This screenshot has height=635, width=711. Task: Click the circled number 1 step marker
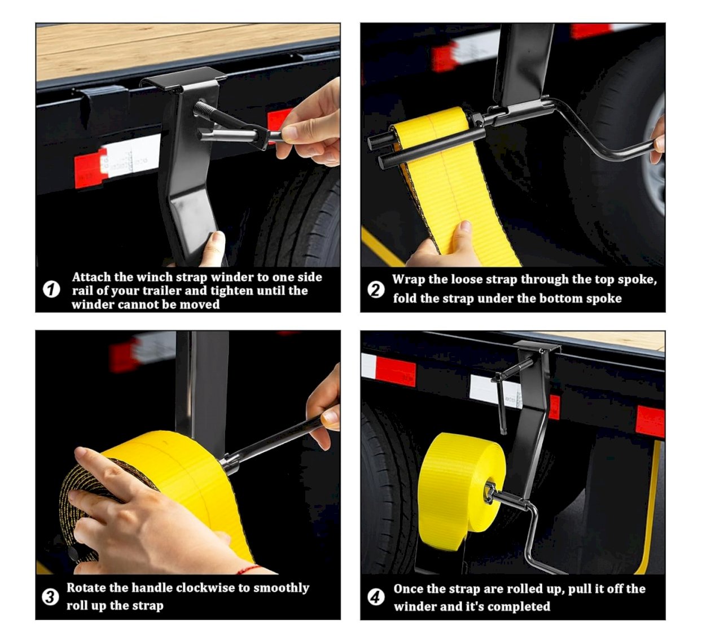click(x=51, y=290)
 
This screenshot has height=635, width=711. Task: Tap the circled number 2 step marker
click(x=376, y=290)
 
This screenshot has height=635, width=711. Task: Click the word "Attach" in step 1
click(x=91, y=277)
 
